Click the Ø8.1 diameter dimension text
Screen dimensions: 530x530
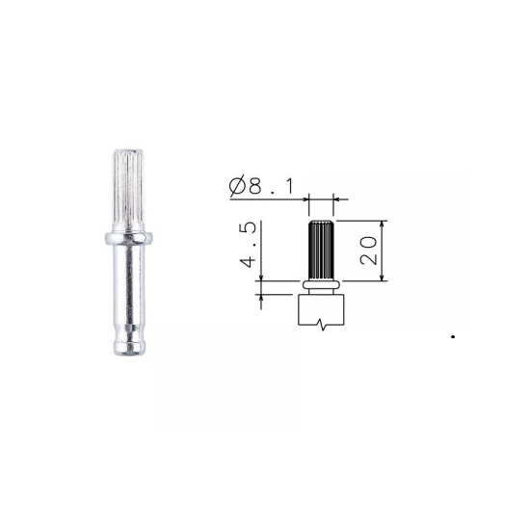[261, 186]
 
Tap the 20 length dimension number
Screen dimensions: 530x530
[368, 251]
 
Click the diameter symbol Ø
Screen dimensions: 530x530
[237, 187]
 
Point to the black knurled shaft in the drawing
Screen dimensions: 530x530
[321, 251]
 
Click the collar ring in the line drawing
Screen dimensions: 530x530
[321, 284]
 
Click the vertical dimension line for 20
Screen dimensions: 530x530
[383, 251]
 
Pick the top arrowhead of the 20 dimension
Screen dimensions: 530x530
[383, 224]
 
